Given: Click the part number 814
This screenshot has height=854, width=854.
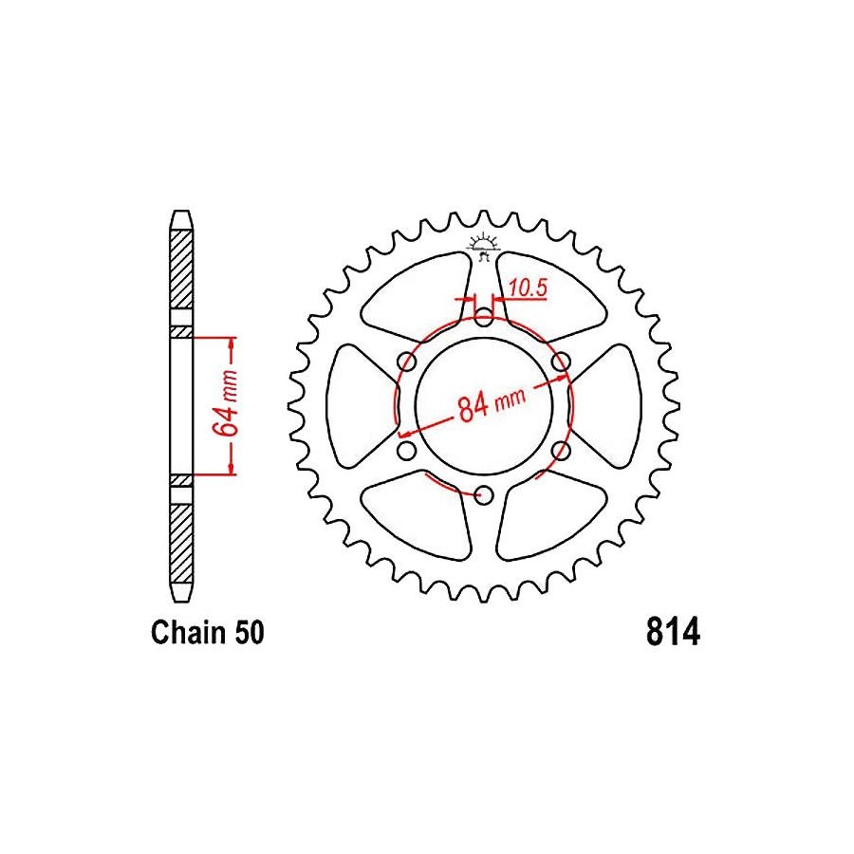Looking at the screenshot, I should click(x=673, y=633).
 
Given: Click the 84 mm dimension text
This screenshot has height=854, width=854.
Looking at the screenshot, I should click(x=491, y=405).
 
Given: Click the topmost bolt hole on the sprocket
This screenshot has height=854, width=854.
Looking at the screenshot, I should click(x=484, y=317).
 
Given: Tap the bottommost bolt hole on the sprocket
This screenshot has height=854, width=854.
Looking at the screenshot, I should click(x=484, y=494).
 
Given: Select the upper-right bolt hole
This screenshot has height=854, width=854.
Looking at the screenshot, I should click(x=561, y=362).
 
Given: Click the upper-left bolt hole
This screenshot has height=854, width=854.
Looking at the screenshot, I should click(x=407, y=362).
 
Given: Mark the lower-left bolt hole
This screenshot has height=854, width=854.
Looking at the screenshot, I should click(x=407, y=450).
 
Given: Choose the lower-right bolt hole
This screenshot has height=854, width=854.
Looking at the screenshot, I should click(x=561, y=450).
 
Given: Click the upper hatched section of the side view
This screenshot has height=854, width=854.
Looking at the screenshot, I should click(x=180, y=270).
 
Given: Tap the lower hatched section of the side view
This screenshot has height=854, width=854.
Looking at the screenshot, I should click(x=180, y=541).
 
